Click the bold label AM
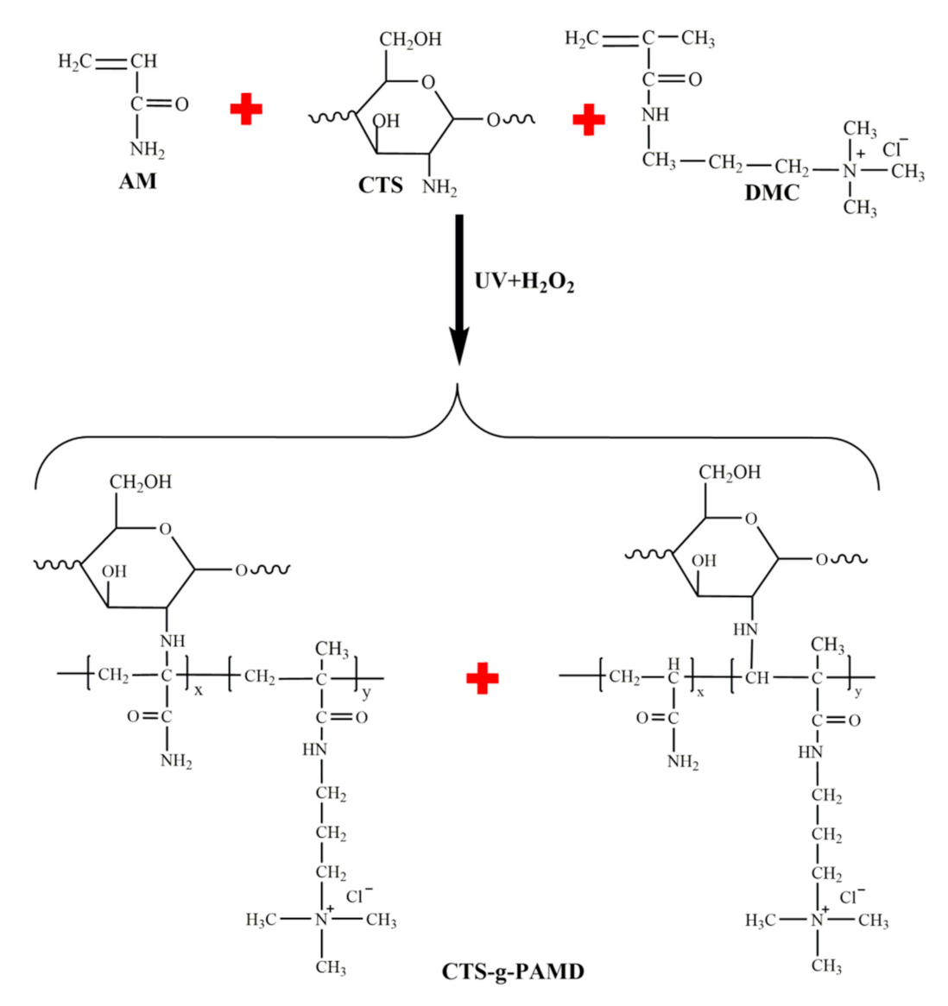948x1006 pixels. tap(137, 182)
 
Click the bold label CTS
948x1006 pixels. tap(381, 185)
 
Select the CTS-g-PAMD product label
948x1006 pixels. tap(513, 972)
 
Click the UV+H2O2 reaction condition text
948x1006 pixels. tap(524, 282)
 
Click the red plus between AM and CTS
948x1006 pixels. tap(246, 110)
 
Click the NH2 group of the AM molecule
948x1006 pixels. tap(147, 150)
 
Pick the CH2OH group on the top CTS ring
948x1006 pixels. tap(410, 40)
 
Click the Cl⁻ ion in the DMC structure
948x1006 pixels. tap(894, 148)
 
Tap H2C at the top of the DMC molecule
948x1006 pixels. tap(581, 39)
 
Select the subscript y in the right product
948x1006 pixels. tap(858, 691)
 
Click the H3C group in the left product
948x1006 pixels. tap(262, 921)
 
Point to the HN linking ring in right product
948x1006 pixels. tap(744, 630)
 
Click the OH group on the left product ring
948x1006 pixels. tap(114, 571)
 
